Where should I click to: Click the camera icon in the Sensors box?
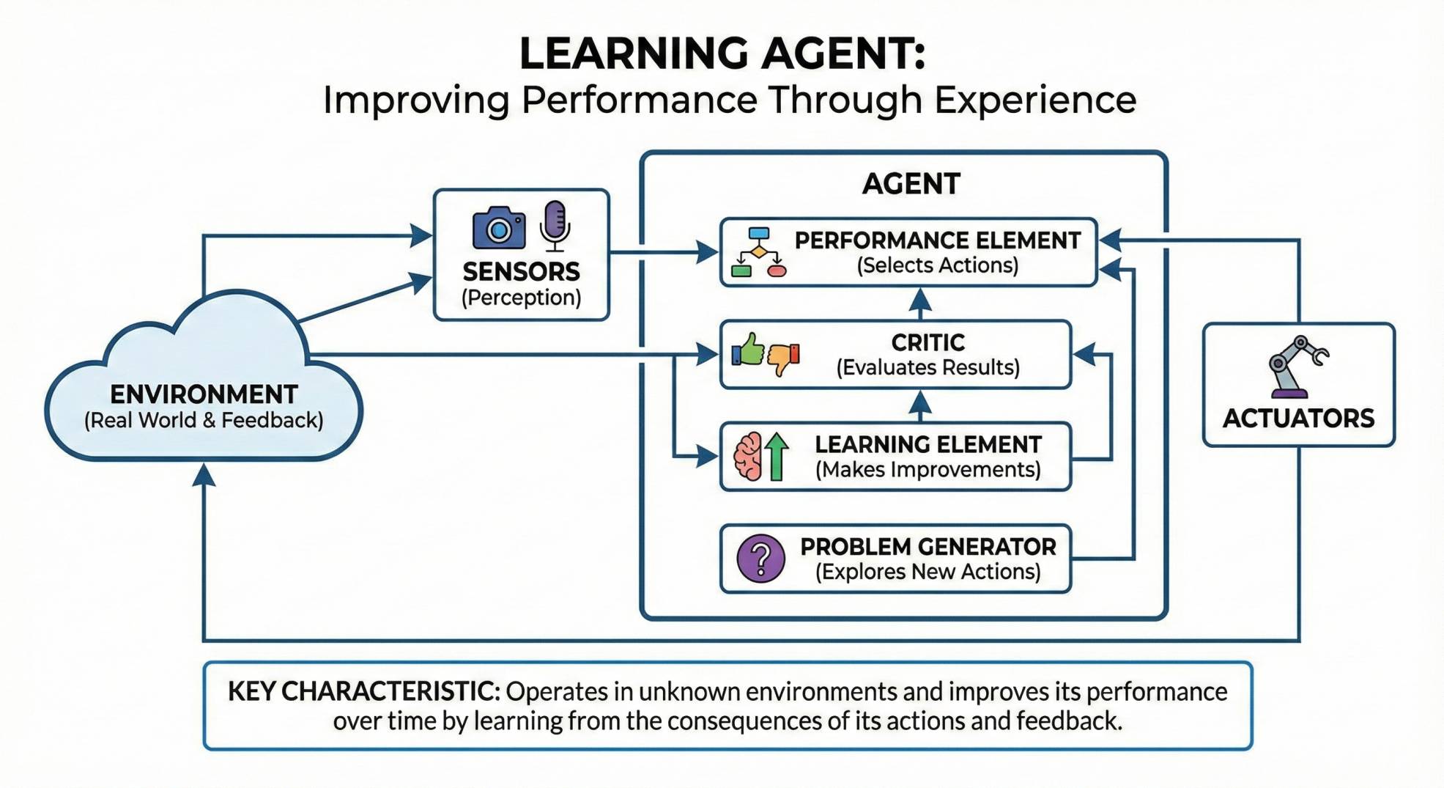coord(499,227)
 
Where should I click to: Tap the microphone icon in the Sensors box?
coord(555,224)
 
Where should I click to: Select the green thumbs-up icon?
coord(749,350)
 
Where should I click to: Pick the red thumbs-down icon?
coord(783,359)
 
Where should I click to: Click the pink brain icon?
coord(748,456)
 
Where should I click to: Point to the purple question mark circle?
coord(760,559)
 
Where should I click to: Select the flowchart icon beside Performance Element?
coord(758,252)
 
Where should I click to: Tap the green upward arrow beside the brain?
coord(777,456)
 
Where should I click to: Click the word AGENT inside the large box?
coord(911,183)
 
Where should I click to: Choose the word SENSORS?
coord(521,272)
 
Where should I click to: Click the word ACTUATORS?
coord(1298,419)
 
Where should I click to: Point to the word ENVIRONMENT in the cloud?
coord(204,394)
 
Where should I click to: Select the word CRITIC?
coord(928,342)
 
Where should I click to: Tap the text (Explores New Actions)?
coord(928,572)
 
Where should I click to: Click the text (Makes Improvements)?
coord(928,470)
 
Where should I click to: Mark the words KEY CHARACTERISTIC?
coord(363,691)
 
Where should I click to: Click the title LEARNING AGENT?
coord(722,54)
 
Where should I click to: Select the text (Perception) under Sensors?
coord(521,298)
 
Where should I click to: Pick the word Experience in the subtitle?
coord(1034,100)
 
